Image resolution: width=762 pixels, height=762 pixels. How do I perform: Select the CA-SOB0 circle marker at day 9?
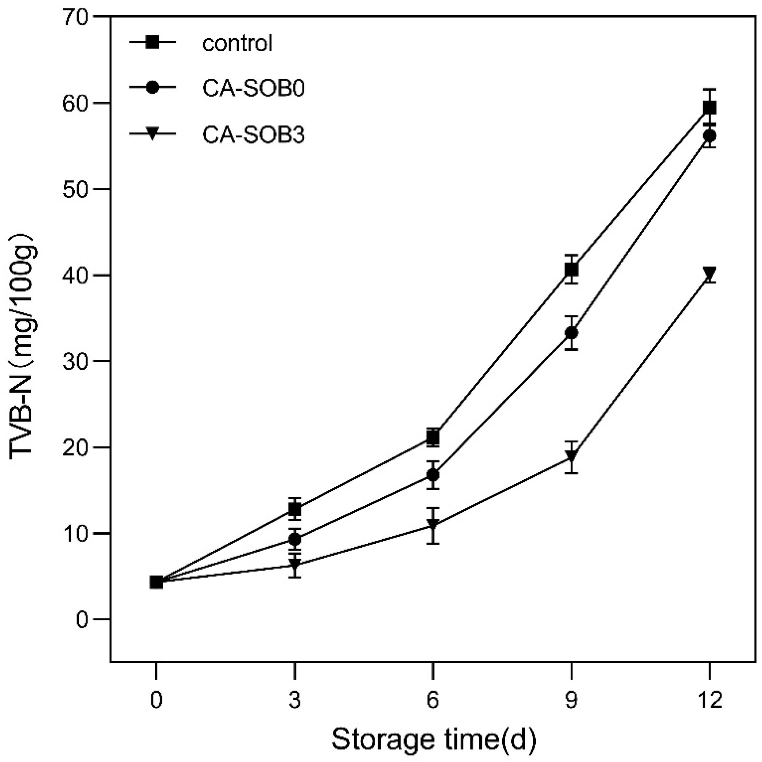click(x=571, y=333)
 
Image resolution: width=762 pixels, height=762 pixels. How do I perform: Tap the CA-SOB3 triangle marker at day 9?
click(x=571, y=456)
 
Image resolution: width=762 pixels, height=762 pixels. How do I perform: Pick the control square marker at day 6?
click(x=433, y=437)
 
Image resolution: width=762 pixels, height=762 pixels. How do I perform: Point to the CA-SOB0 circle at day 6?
click(x=433, y=475)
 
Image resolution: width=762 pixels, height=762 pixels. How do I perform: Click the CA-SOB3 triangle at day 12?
click(x=709, y=273)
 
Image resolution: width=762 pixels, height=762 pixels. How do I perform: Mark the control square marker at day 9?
click(x=571, y=270)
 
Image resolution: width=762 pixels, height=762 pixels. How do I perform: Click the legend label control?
click(x=237, y=43)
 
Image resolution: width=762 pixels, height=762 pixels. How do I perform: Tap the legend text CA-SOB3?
click(x=253, y=135)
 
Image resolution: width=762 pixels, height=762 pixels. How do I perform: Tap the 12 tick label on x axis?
click(x=709, y=700)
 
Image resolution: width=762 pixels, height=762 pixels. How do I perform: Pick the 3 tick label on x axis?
click(x=295, y=700)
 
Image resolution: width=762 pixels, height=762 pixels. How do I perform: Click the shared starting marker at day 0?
click(x=157, y=582)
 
